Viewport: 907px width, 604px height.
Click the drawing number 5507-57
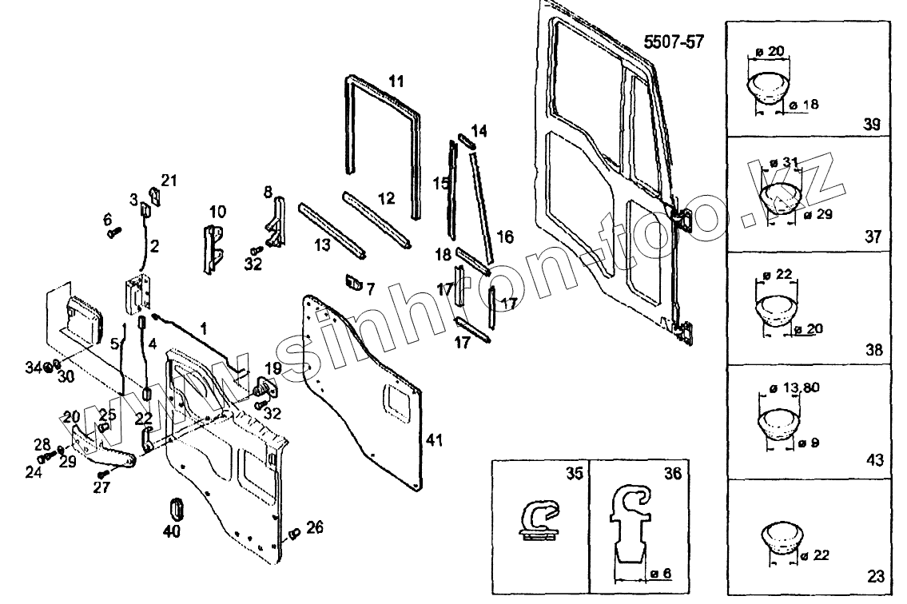(674, 41)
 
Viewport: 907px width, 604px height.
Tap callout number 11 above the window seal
(396, 81)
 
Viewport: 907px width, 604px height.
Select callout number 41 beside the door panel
(434, 440)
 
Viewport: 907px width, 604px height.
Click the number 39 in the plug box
(872, 125)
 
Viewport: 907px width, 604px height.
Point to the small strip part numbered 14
(466, 141)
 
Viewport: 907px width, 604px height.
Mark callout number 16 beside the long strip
(505, 237)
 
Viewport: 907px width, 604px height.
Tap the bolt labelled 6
(113, 232)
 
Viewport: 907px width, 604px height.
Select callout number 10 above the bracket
(218, 212)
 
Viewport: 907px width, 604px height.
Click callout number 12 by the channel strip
(386, 197)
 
